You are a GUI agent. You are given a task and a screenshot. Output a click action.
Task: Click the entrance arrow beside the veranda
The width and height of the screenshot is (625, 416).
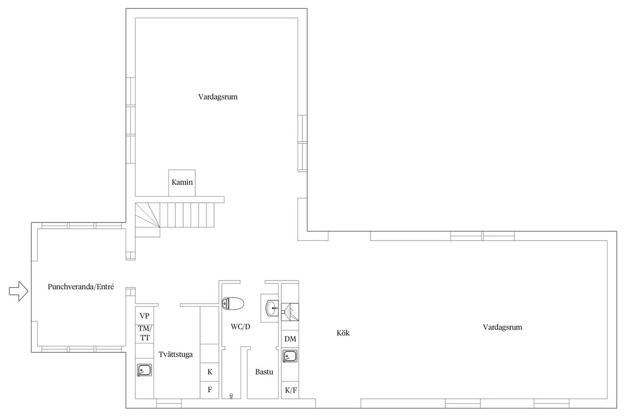coord(19,291)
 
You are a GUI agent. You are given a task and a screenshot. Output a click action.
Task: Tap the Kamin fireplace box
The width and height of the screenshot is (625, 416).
coord(182,183)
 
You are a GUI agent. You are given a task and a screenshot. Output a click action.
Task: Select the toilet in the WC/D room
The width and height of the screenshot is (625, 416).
coord(233,304)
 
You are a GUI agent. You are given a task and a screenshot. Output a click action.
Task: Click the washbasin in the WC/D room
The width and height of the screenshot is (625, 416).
coord(272,308)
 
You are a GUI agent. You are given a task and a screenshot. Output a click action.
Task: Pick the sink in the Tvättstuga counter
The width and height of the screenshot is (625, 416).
coord(144,370)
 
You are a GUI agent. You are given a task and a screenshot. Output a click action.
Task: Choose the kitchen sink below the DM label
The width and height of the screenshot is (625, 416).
coord(290,356)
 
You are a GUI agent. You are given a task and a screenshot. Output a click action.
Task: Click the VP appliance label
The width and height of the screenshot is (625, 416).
coord(144,316)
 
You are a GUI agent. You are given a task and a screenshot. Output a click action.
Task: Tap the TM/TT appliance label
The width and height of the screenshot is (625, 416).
coord(145,333)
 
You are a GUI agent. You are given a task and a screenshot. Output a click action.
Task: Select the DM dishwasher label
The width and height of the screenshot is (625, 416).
coord(290,339)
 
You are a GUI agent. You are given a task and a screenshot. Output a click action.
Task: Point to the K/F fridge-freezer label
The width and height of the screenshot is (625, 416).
coord(291,390)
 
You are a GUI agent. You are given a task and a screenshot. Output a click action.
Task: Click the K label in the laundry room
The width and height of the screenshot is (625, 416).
coord(210,372)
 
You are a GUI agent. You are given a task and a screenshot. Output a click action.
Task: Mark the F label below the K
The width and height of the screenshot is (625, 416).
coord(210,390)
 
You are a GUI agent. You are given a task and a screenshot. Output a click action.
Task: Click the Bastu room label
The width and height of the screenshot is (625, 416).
coord(264,372)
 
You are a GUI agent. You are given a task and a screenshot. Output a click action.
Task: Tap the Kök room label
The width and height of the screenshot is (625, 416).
coord(343,333)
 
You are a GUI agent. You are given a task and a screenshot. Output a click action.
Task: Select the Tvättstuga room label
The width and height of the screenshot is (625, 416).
coord(175,355)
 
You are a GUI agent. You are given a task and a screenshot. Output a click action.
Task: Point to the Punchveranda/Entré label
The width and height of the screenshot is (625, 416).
coord(81,287)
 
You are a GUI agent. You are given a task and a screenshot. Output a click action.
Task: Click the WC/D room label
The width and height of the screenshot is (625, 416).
coord(240,327)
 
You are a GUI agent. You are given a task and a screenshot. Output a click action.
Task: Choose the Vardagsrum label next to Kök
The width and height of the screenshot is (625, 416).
coord(502,327)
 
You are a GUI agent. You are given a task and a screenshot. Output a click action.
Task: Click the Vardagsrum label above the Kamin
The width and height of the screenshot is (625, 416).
coord(218,97)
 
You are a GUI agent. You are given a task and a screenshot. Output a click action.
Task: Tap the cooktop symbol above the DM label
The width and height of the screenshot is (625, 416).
coord(290,312)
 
